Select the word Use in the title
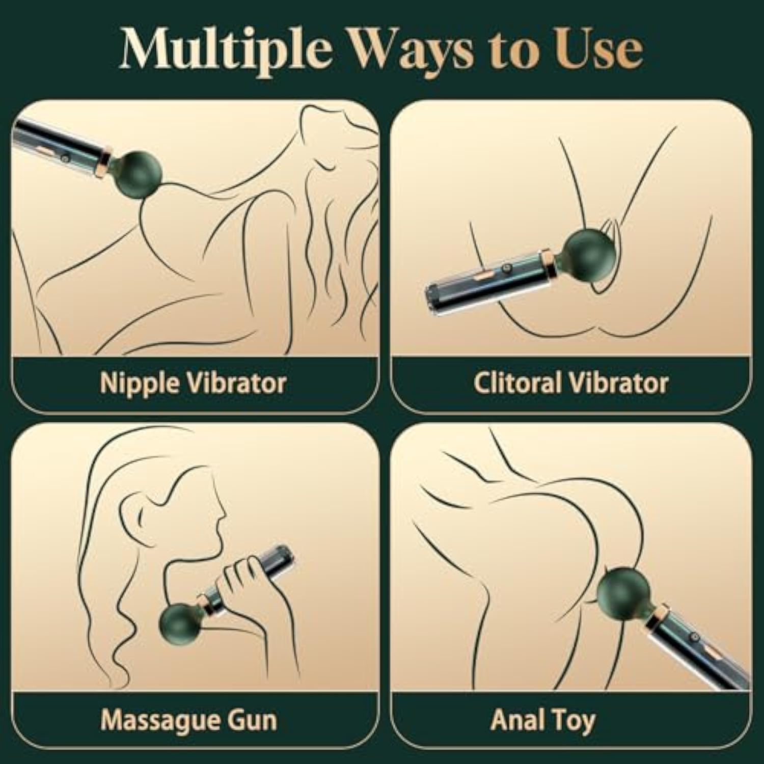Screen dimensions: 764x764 [599, 49]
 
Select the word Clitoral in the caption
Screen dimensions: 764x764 [519, 383]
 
